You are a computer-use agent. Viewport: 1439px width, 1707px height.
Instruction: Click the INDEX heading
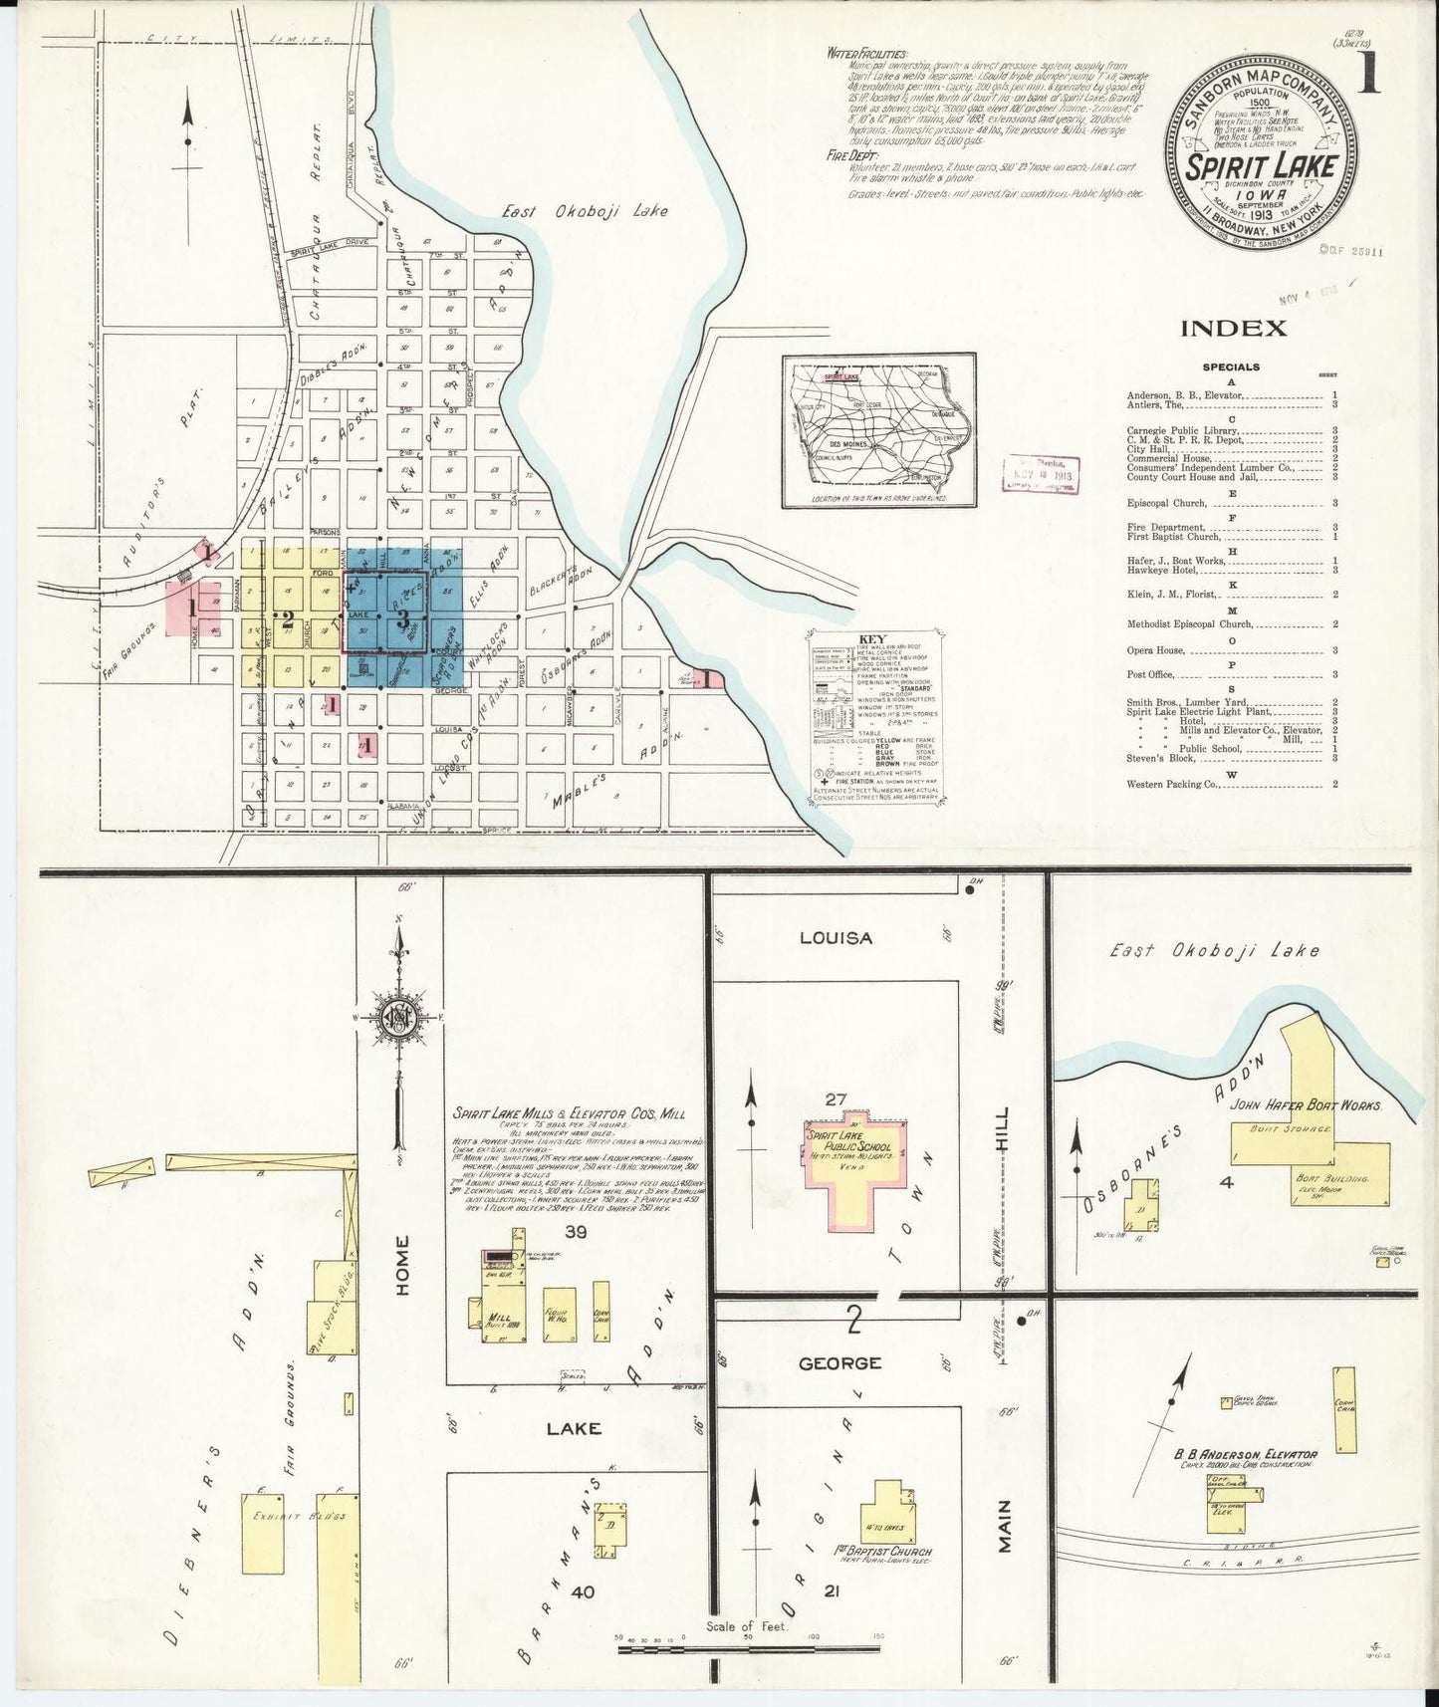coord(1234,329)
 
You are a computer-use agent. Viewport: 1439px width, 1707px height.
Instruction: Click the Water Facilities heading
coord(867,53)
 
